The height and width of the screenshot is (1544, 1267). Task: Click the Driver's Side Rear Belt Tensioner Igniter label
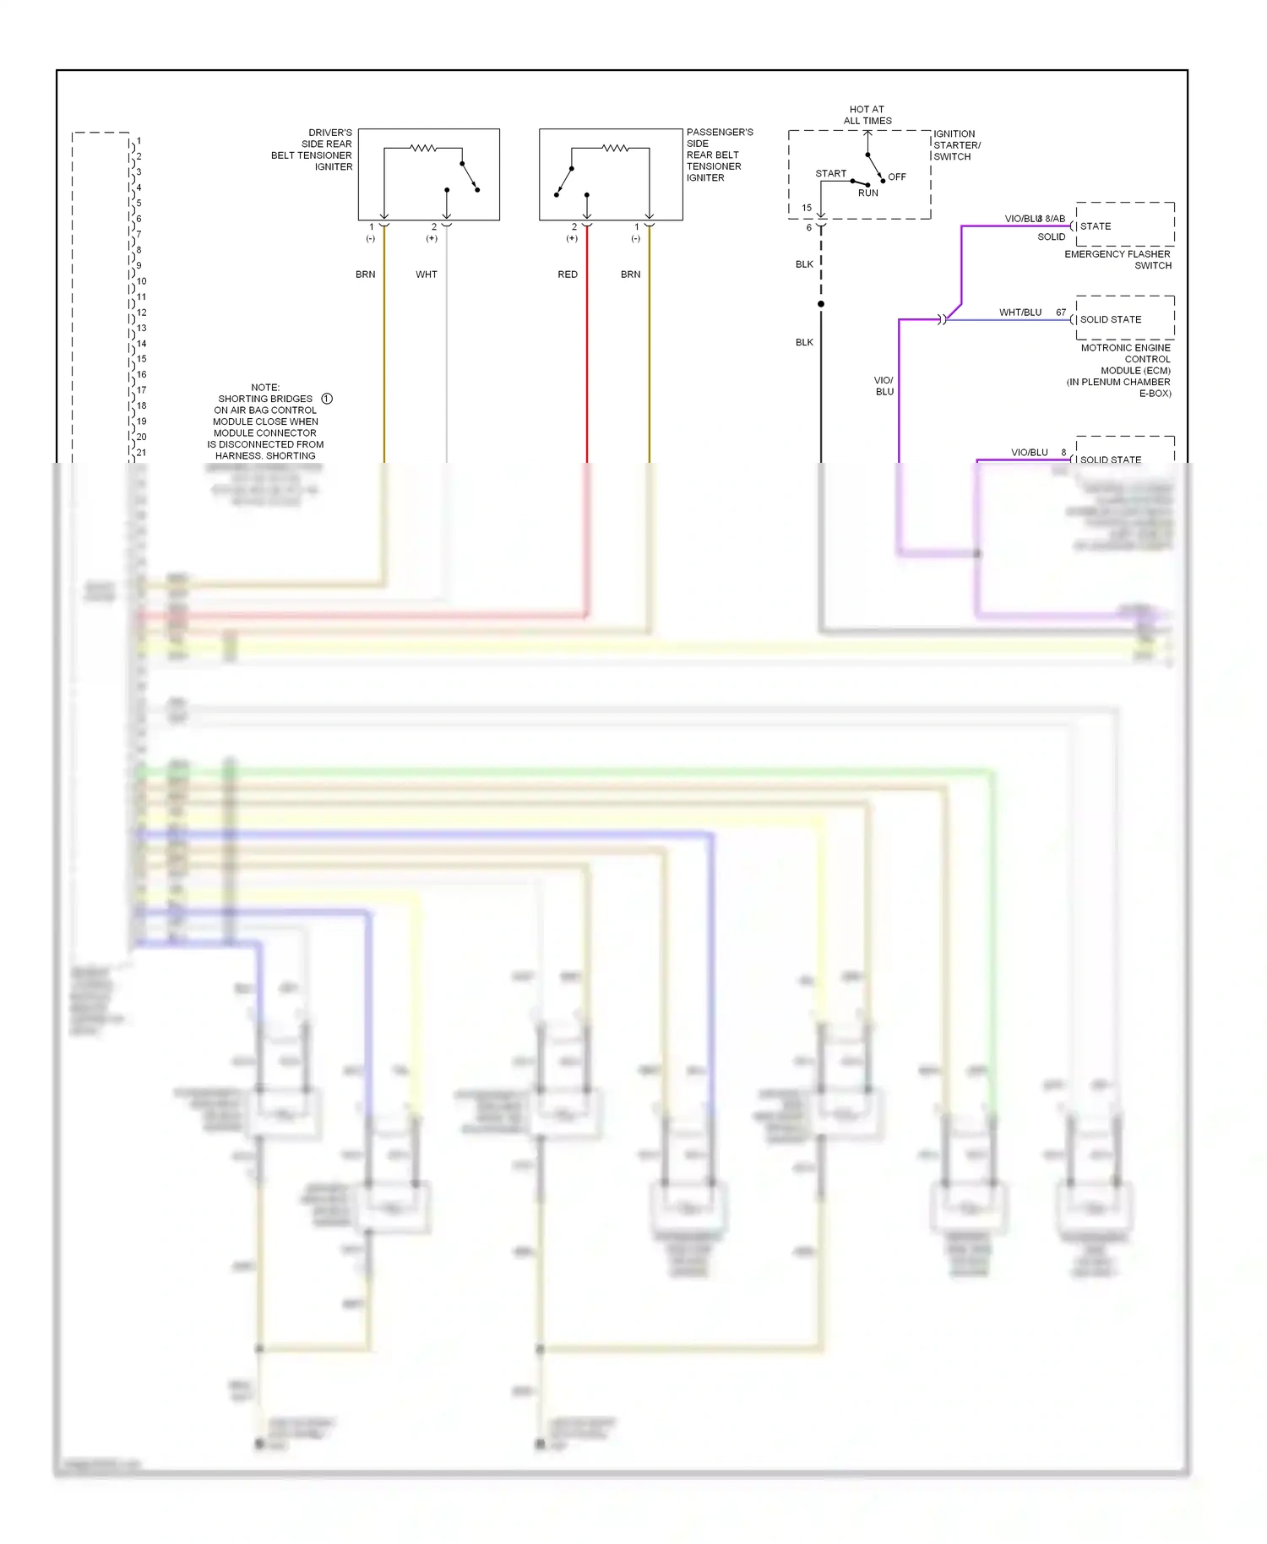pos(312,150)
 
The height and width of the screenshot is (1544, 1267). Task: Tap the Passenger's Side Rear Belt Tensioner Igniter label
pos(719,155)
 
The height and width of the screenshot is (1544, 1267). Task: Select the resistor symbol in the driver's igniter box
pos(423,148)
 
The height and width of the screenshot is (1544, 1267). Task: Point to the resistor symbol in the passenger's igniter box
pos(615,148)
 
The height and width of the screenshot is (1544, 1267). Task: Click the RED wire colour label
pos(568,275)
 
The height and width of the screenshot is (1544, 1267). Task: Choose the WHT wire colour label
pos(427,275)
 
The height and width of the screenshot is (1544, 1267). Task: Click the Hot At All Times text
pos(867,115)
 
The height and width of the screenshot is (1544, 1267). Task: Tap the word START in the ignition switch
pos(830,174)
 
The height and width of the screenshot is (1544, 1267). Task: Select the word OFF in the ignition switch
pos(896,177)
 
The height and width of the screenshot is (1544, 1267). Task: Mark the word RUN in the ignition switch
pos(867,193)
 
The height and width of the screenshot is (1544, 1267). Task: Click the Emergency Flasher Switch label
pos(1118,259)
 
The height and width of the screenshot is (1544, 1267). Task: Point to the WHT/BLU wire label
pos(1020,313)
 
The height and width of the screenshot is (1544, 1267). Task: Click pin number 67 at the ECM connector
pos(1061,313)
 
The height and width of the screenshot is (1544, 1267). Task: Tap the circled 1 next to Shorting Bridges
pos(327,399)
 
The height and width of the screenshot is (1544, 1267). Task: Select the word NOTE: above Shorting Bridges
pos(265,388)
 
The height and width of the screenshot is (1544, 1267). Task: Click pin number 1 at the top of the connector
pos(139,141)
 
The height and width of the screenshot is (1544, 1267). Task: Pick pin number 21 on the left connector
pos(141,453)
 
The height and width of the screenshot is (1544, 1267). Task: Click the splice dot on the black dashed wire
pos(821,304)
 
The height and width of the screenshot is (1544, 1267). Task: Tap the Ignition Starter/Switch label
pos(956,145)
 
